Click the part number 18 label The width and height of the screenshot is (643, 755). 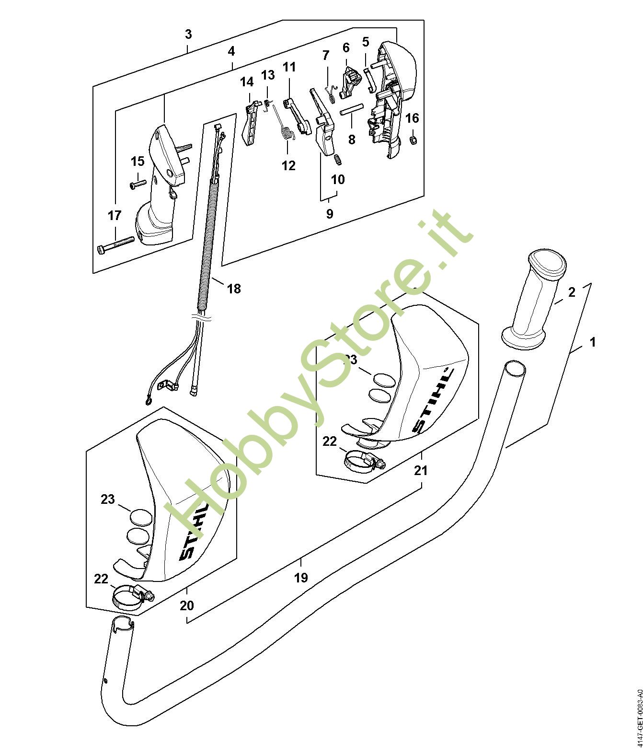point(234,289)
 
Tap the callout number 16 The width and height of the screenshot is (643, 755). point(412,118)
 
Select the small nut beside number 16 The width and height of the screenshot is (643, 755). point(413,140)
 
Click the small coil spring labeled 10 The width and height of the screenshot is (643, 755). point(338,160)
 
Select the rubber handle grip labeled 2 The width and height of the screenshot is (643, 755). point(533,300)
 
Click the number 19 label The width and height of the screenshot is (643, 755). point(301,578)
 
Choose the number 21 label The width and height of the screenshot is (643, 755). point(421,470)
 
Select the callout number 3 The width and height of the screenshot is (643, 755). point(188,35)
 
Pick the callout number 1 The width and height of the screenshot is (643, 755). point(593,342)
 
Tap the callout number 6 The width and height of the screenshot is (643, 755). point(346,47)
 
